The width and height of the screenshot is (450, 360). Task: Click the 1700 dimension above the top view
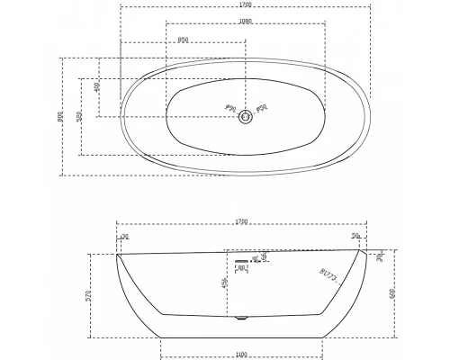243,5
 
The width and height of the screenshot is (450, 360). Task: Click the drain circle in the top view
244,115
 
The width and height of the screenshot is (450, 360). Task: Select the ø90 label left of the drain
229,109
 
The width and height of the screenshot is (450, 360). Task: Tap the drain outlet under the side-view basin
239,317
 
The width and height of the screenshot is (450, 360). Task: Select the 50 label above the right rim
356,237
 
